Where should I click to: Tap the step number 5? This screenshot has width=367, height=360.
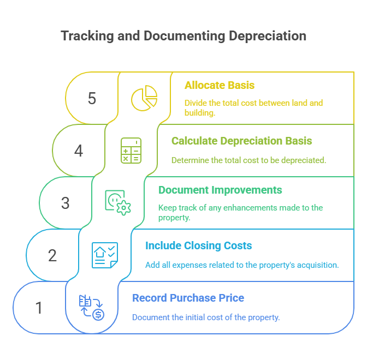point(92,99)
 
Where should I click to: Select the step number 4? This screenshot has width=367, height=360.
point(79,151)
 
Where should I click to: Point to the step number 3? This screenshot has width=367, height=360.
point(66,203)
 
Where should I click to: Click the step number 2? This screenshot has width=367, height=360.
point(52,255)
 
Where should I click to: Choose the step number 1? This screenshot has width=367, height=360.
point(39,308)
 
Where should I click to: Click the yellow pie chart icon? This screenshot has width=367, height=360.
point(144,99)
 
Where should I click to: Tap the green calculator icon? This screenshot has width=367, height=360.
point(131,151)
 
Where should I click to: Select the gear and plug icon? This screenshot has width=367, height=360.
point(118,202)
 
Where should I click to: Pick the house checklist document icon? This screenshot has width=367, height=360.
point(105,255)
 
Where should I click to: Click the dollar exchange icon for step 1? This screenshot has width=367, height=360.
point(92,307)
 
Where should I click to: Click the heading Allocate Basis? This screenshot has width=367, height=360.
point(220,85)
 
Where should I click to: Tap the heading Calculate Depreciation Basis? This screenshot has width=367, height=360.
point(242,141)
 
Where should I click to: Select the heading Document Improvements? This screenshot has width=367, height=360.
point(220,190)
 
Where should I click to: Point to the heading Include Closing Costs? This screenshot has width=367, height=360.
point(199,245)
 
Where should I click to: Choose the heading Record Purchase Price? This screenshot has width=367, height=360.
point(188,298)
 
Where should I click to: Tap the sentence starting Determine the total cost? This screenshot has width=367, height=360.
point(248,160)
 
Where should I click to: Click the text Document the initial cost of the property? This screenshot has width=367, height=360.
point(206,317)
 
